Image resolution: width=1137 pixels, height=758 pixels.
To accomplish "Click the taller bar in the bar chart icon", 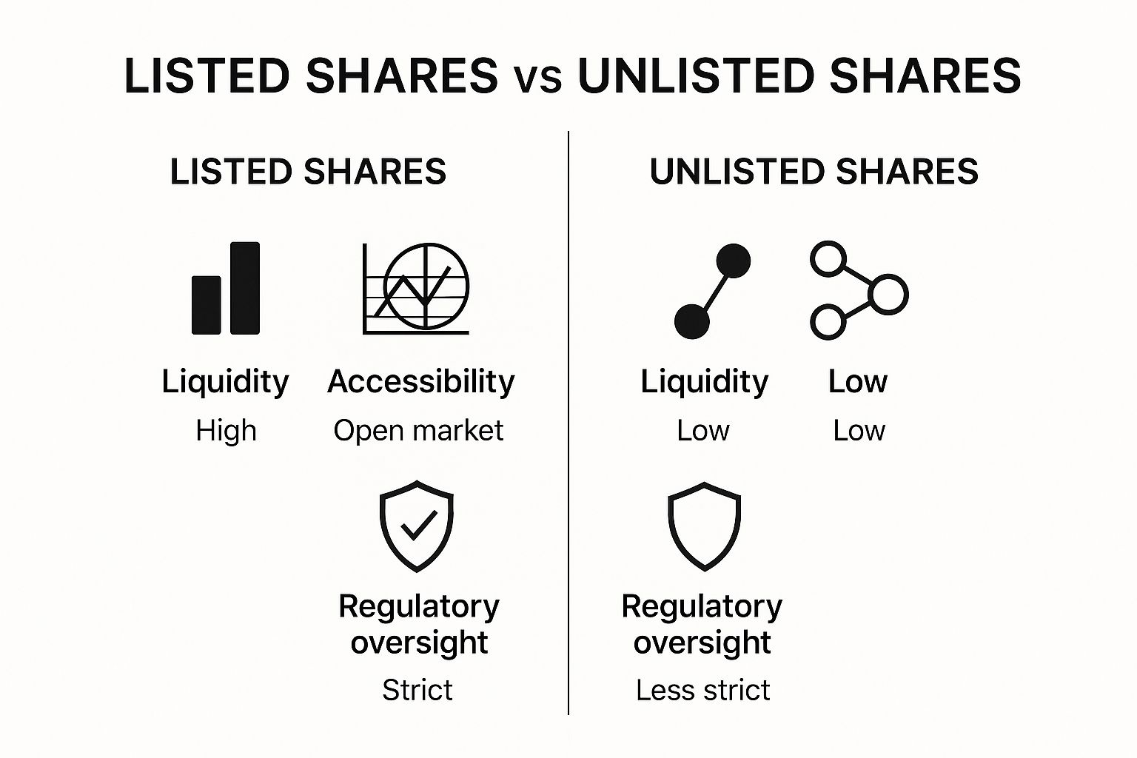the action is click(245, 288).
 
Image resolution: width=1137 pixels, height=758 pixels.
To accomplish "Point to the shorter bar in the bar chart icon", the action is click(206, 305).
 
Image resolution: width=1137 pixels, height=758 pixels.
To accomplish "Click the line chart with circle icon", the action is click(416, 288).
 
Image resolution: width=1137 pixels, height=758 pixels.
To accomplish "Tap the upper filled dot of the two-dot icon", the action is click(733, 261).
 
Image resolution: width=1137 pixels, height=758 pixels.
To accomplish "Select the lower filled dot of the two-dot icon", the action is click(692, 321).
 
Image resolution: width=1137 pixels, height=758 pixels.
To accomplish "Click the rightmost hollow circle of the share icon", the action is click(888, 295).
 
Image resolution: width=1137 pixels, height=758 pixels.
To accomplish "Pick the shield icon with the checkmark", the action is click(417, 526).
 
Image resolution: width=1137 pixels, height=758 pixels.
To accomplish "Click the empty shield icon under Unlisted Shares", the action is click(704, 526).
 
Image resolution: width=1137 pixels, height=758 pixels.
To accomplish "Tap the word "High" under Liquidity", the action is click(227, 431).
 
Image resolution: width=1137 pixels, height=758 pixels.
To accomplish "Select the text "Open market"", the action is click(418, 431).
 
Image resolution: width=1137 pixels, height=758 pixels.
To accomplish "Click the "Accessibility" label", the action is click(421, 382).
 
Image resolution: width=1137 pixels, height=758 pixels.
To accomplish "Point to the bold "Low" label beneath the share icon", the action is click(858, 381).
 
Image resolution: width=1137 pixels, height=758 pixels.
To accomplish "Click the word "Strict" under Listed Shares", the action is click(417, 690).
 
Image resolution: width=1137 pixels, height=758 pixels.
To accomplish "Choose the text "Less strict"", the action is click(703, 690).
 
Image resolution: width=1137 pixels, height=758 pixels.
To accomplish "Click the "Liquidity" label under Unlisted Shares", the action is click(705, 382).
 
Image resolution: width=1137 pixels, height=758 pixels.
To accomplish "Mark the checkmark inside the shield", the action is click(419, 525).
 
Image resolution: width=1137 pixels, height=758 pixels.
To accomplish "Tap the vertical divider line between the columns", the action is click(568, 423).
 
